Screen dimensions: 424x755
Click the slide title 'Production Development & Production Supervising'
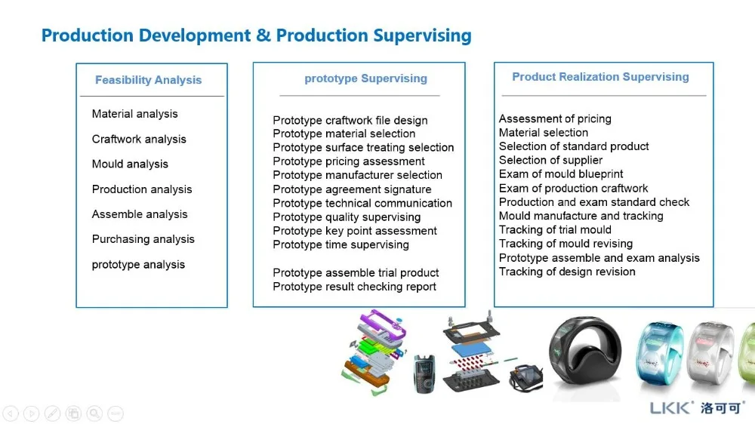click(x=256, y=35)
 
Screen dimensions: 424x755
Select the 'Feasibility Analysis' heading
click(x=148, y=80)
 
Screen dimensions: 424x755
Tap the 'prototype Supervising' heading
click(x=365, y=78)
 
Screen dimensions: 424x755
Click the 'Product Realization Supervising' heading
click(x=600, y=77)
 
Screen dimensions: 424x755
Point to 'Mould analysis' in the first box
click(x=130, y=164)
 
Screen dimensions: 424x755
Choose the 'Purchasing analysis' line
click(x=143, y=239)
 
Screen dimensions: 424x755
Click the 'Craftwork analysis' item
click(x=139, y=140)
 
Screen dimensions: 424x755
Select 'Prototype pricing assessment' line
click(x=348, y=161)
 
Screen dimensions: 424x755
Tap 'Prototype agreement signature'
click(x=352, y=189)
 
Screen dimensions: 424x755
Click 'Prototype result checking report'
click(x=354, y=287)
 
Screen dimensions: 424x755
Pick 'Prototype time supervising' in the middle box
click(x=341, y=244)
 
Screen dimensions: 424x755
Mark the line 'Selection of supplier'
click(x=550, y=160)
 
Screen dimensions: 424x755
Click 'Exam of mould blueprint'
click(x=561, y=174)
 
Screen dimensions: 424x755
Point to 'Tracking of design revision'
click(x=567, y=272)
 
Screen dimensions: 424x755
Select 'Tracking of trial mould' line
click(x=555, y=230)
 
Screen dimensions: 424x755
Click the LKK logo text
click(x=670, y=407)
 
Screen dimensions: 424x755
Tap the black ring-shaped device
click(x=584, y=354)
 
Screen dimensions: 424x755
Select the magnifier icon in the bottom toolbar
click(x=94, y=413)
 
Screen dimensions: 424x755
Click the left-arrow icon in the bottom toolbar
click(x=11, y=413)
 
